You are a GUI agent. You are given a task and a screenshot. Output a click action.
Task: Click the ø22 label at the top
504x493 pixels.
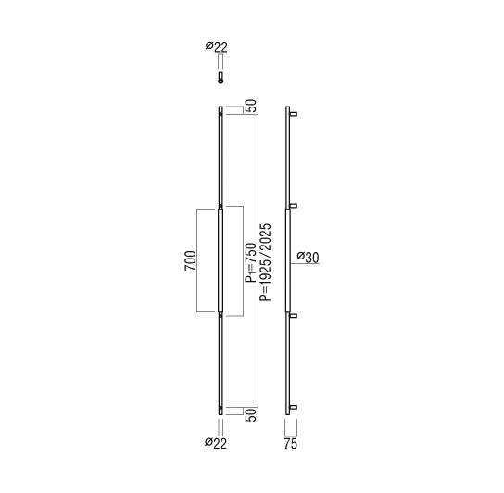217,47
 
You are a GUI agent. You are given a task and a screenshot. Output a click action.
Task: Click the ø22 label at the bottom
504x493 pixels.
216,443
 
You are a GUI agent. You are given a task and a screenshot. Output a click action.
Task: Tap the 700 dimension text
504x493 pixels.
190,260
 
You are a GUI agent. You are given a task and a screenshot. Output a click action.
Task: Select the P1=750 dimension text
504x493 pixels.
251,263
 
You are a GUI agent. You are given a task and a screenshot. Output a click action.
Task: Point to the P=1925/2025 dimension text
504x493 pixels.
266,262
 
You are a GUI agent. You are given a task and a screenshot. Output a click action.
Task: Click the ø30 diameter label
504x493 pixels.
308,258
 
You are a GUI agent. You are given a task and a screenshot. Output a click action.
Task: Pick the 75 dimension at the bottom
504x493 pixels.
291,444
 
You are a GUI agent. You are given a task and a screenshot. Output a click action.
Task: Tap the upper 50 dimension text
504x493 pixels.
251,106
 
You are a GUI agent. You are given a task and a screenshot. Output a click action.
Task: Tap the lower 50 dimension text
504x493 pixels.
251,415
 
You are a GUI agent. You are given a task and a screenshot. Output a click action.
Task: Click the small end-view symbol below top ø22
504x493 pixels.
220,78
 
